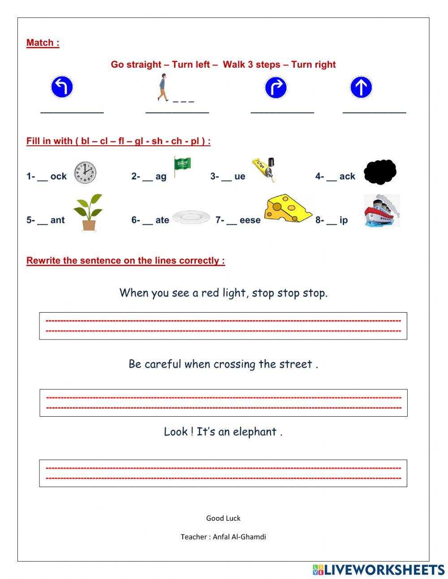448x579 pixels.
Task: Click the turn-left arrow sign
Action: point(62,87)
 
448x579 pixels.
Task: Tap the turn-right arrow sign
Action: point(276,87)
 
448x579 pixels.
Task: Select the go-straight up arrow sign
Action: point(361,87)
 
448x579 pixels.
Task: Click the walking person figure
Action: point(162,88)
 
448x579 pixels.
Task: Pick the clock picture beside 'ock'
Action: point(85,172)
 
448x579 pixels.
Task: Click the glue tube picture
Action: point(264,169)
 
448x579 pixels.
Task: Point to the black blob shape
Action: point(380,172)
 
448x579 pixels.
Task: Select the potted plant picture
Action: point(88,212)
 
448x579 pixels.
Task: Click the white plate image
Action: point(191,218)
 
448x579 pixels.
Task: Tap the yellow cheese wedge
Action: point(288,208)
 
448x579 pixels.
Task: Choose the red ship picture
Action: point(381,211)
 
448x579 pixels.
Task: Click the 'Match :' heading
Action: point(43,43)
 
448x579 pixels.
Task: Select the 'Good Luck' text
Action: point(223,518)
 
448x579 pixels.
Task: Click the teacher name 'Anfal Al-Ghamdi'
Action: point(239,537)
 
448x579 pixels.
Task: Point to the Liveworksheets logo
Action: point(378,570)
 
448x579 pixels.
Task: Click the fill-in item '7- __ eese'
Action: point(238,220)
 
